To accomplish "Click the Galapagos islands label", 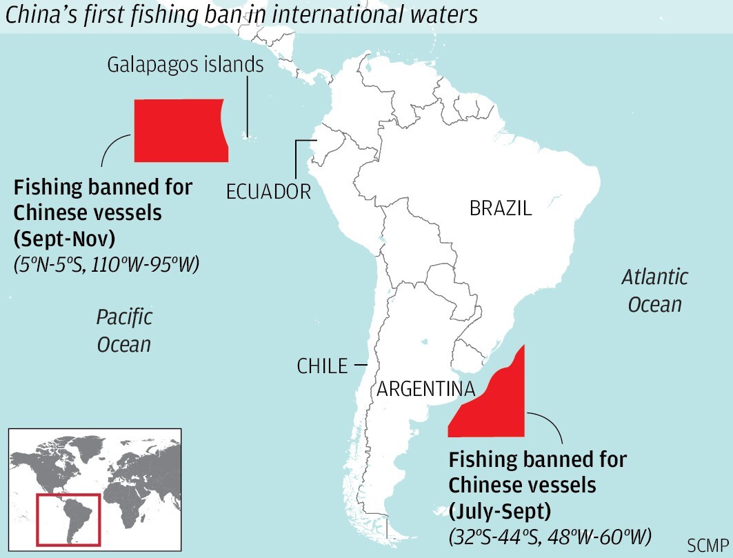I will click(185, 65).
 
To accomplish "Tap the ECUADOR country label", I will click(268, 191).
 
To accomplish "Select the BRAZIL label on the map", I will click(501, 208).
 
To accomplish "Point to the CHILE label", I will click(322, 366).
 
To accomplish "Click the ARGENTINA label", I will click(425, 390).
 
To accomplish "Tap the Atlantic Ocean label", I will click(654, 290).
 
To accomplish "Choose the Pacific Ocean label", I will click(124, 331).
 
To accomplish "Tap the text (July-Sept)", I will click(493, 511).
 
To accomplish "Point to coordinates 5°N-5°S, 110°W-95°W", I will click(106, 264).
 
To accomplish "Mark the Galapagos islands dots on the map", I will click(247, 136).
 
